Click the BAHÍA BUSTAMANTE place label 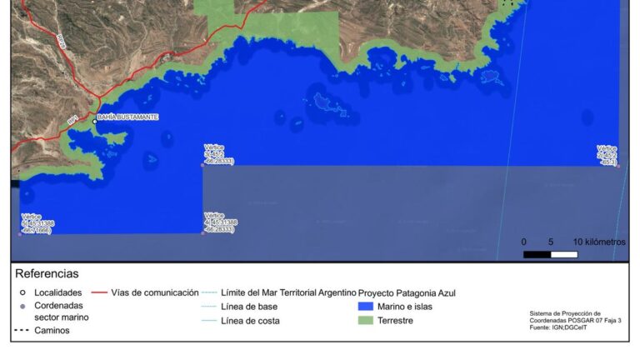coord(127,117)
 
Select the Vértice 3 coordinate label coord(218,154)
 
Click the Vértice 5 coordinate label coord(37,223)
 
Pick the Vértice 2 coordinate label coord(607,155)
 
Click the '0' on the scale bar coord(523,242)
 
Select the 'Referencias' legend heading coord(47,273)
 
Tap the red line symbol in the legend coord(99,293)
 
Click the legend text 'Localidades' coord(57,293)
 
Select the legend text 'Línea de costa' coord(251,321)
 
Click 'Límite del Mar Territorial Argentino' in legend coord(288,293)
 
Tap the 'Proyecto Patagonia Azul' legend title coord(407,293)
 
